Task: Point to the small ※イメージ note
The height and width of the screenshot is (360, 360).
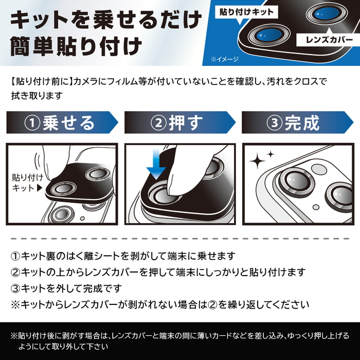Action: tap(224, 59)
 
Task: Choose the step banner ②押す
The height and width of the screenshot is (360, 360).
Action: tap(179, 123)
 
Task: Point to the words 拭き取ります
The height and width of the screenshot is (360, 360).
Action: tap(37, 95)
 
